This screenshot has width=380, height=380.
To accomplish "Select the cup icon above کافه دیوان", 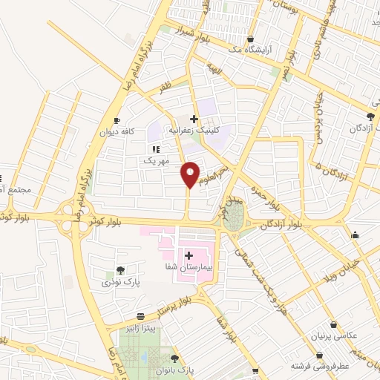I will [x=117, y=121].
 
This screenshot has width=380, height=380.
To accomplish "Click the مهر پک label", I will [x=156, y=160].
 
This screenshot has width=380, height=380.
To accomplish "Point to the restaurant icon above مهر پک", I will [x=156, y=149].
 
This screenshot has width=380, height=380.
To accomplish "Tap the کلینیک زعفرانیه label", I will [x=194, y=129].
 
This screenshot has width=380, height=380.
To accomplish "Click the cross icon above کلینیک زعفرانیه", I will [x=194, y=118].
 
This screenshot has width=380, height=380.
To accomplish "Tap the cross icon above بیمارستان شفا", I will [x=189, y=255].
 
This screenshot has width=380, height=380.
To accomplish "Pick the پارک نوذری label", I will [x=119, y=283].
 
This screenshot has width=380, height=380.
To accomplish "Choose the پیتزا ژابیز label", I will [x=140, y=327].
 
